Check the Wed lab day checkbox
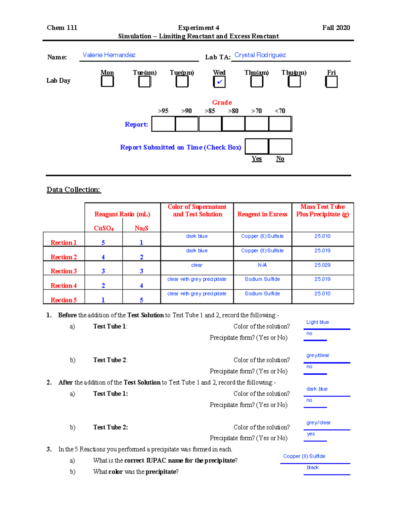219,82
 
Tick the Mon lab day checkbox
107,81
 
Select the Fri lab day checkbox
331,82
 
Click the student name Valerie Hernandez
109,55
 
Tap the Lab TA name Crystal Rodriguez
260,55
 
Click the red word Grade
222,102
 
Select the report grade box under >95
163,124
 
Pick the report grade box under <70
280,124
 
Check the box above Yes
257,147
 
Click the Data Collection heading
73,190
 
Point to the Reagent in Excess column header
262,214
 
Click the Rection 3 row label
64,271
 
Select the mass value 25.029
322,265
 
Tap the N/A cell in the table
262,265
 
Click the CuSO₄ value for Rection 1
103,243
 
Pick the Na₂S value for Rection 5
141,300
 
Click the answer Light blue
318,322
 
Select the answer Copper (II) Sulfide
304,456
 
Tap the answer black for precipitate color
313,467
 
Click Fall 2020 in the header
336,28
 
